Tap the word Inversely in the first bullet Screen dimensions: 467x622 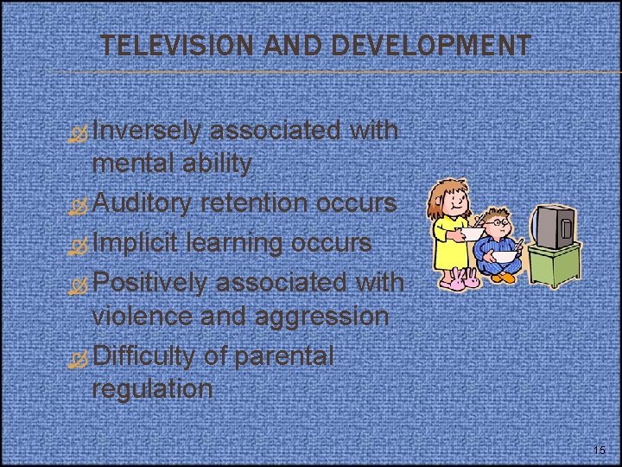point(146,131)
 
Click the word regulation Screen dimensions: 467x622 point(151,388)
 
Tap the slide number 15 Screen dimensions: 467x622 point(600,451)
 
